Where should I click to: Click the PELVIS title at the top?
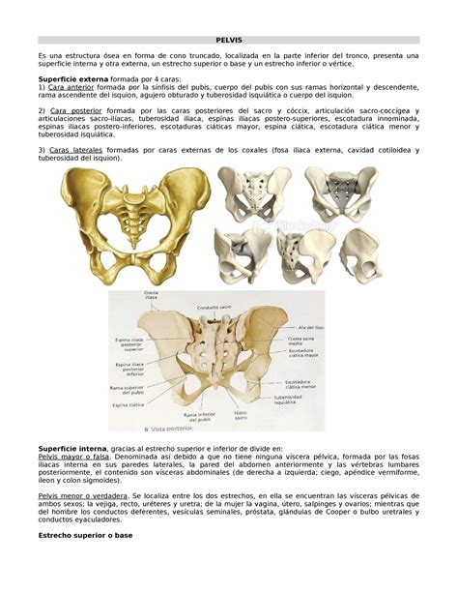coord(228,41)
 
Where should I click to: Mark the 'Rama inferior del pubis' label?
coord(193,416)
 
